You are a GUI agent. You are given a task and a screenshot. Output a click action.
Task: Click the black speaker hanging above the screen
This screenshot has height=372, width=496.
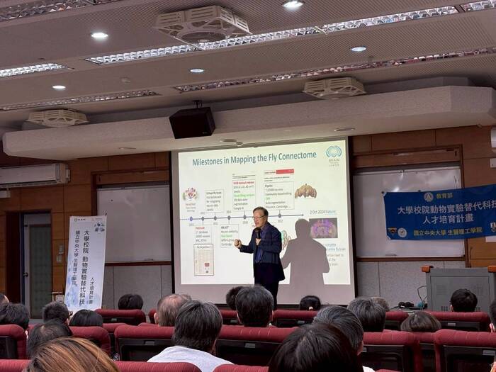pyautogui.click(x=192, y=122)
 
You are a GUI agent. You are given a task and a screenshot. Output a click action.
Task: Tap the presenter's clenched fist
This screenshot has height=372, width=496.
pyautogui.click(x=238, y=243)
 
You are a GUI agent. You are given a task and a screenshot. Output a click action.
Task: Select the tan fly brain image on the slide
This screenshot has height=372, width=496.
pyautogui.click(x=305, y=191)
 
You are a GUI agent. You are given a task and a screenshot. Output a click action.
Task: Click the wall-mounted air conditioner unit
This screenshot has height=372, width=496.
pyautogui.click(x=33, y=175)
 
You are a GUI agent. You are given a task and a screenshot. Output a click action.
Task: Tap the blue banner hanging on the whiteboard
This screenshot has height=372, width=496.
pyautogui.click(x=439, y=212)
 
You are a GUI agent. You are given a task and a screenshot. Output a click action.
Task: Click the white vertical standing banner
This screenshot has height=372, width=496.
pyautogui.click(x=85, y=262)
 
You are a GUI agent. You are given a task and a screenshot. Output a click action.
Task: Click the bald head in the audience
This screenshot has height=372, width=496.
pyautogui.click(x=171, y=309)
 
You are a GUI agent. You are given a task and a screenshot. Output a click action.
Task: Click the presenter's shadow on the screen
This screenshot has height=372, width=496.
pyautogui.click(x=305, y=255)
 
